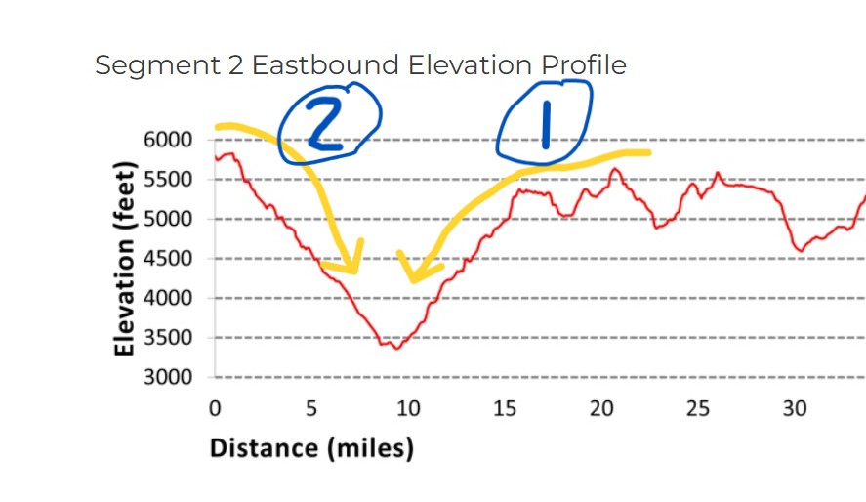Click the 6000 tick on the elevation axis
click(169, 140)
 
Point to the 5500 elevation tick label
click(169, 180)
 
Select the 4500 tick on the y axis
click(169, 259)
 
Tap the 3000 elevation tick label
click(169, 377)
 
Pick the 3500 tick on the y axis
click(169, 338)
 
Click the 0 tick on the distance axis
click(215, 408)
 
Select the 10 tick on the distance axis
click(408, 408)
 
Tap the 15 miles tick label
click(505, 408)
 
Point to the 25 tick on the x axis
click(698, 408)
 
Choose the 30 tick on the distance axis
click(795, 408)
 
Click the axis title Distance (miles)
click(311, 448)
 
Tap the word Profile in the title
click(584, 65)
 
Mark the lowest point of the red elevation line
click(396, 348)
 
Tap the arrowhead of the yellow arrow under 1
click(414, 276)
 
